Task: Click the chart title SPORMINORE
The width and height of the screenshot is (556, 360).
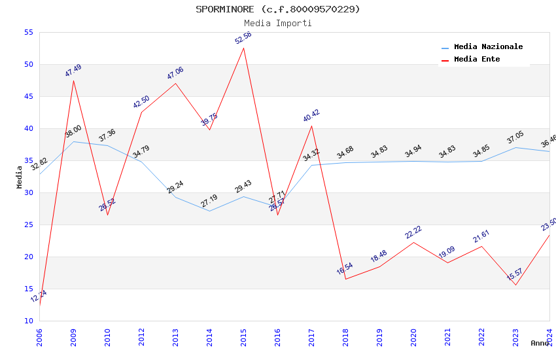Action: [277, 9]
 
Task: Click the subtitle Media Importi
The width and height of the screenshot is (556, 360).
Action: [277, 23]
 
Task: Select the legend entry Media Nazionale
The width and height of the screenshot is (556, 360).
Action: [488, 46]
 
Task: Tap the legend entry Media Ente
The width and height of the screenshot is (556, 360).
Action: [477, 59]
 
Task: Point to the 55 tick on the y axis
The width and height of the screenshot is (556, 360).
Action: [28, 32]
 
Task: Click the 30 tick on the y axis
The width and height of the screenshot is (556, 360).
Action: [28, 192]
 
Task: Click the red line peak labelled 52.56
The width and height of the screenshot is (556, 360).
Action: [243, 48]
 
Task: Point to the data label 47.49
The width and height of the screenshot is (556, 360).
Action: [73, 71]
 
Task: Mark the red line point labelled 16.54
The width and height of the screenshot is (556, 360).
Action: [345, 279]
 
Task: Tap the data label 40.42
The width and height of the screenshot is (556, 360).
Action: [311, 116]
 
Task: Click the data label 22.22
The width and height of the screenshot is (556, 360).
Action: [413, 232]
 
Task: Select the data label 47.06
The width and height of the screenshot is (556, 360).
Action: [175, 73]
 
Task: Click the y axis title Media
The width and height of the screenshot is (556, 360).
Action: [20, 177]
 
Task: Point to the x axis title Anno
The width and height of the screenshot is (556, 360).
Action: [540, 343]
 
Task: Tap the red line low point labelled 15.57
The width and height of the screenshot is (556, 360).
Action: [515, 285]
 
